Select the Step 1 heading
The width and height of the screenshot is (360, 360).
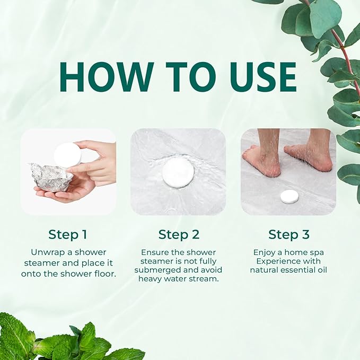tap(67, 234)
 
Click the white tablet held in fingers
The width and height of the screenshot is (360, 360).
tap(67, 155)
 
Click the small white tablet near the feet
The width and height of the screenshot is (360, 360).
tap(289, 197)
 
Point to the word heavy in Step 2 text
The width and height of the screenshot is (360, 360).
tap(151, 279)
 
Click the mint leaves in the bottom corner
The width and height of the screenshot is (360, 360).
tap(48, 339)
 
